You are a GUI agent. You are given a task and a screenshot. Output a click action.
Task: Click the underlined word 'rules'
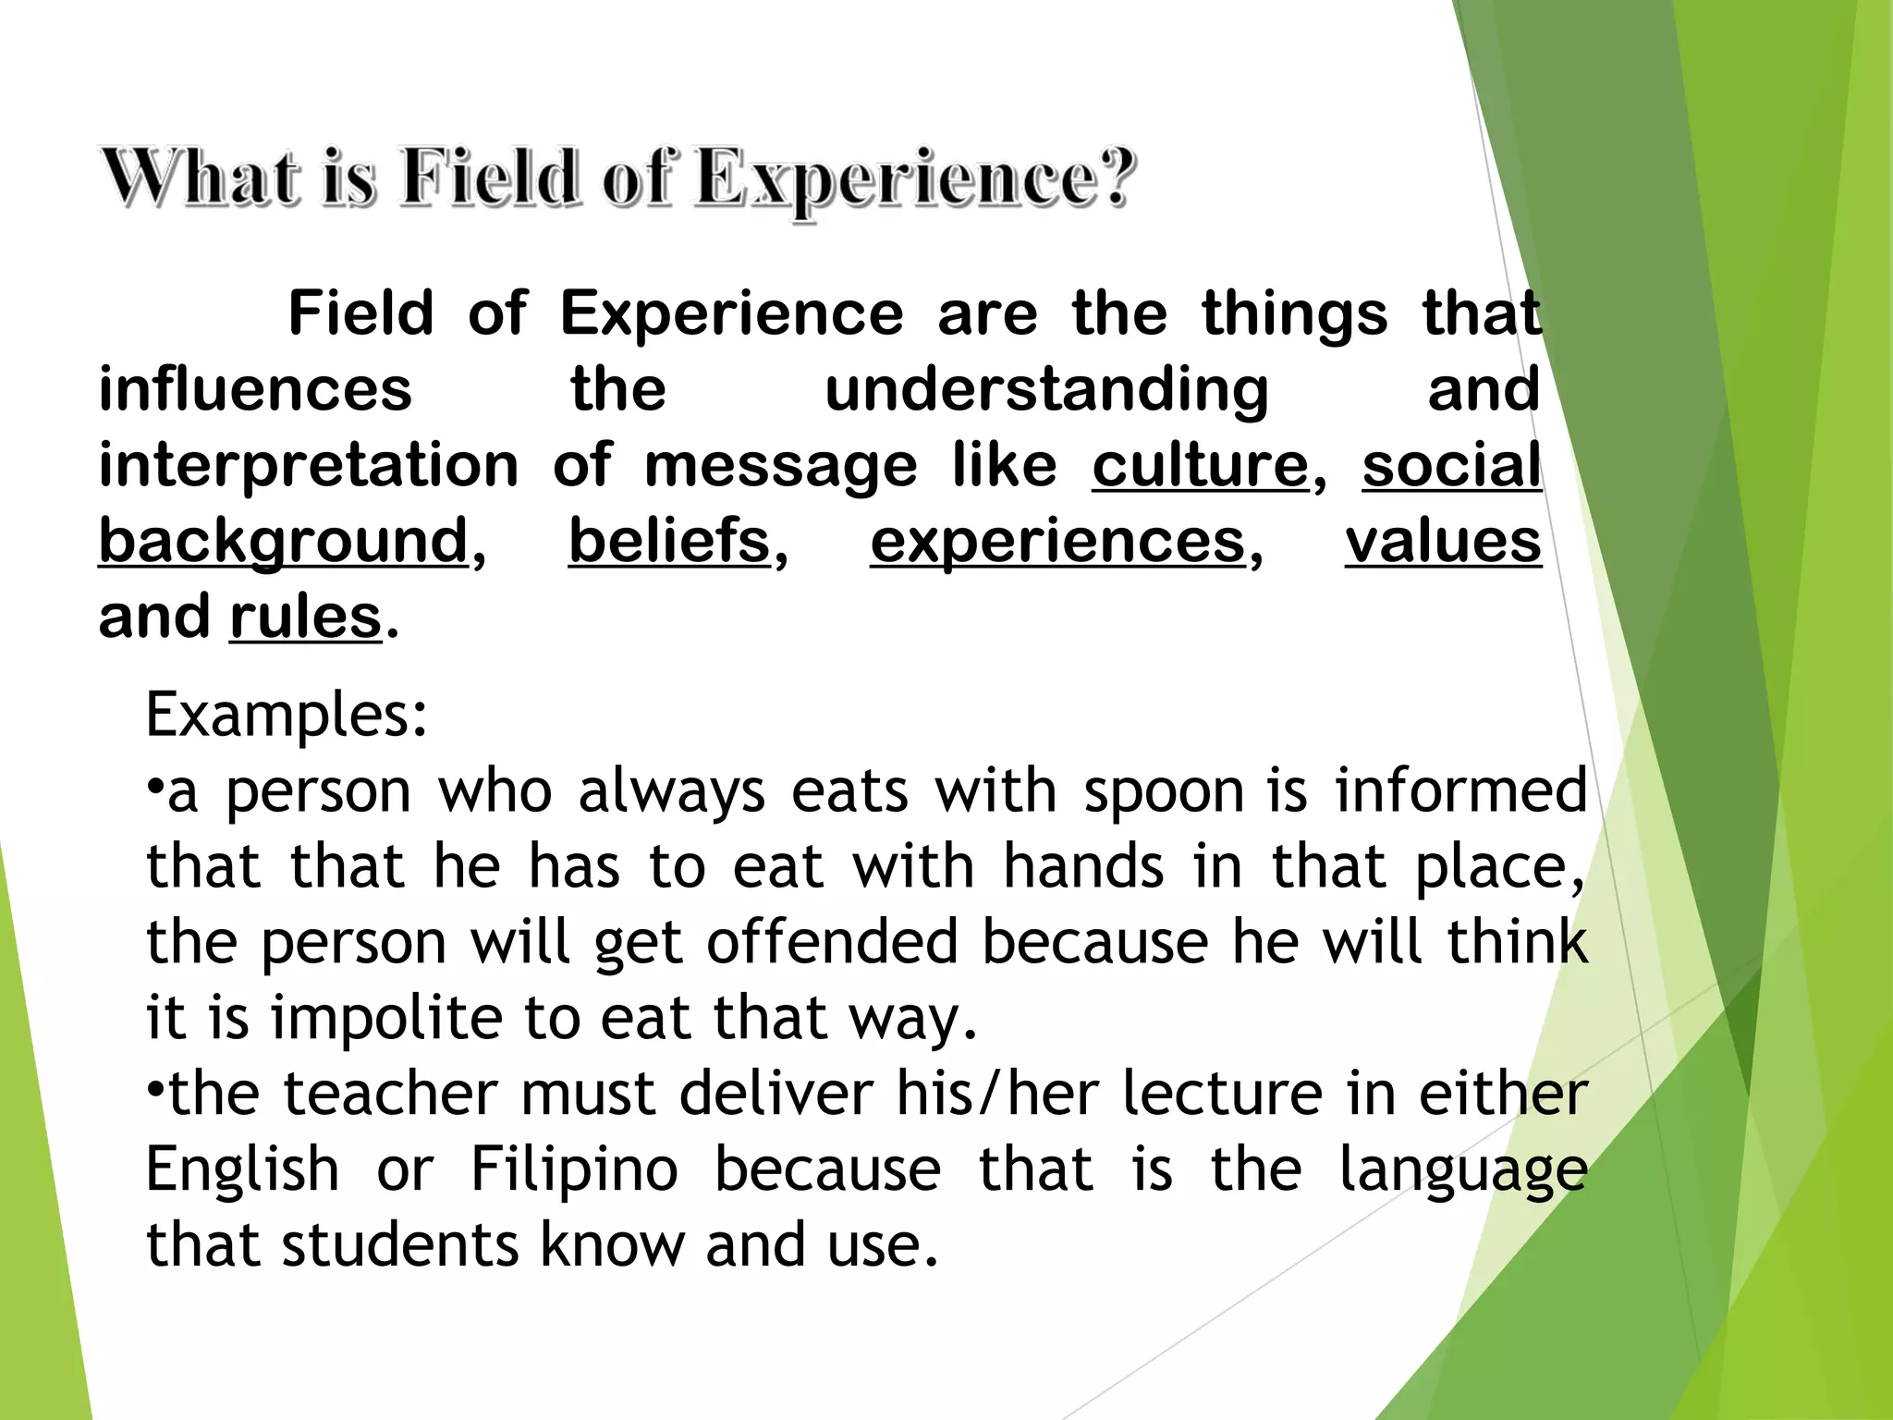(305, 617)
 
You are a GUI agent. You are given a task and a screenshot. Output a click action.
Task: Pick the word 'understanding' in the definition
(1046, 388)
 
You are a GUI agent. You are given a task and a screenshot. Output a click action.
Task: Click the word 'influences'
(255, 388)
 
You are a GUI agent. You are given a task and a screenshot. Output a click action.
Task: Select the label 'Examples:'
(287, 715)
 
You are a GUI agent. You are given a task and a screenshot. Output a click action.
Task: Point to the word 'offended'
(832, 942)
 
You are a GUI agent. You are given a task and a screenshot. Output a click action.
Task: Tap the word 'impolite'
(386, 1018)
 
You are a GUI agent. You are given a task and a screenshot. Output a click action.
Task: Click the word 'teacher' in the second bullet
(390, 1094)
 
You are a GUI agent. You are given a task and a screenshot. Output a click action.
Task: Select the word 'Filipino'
(574, 1169)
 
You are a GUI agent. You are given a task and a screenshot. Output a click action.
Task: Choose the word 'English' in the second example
(243, 1169)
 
